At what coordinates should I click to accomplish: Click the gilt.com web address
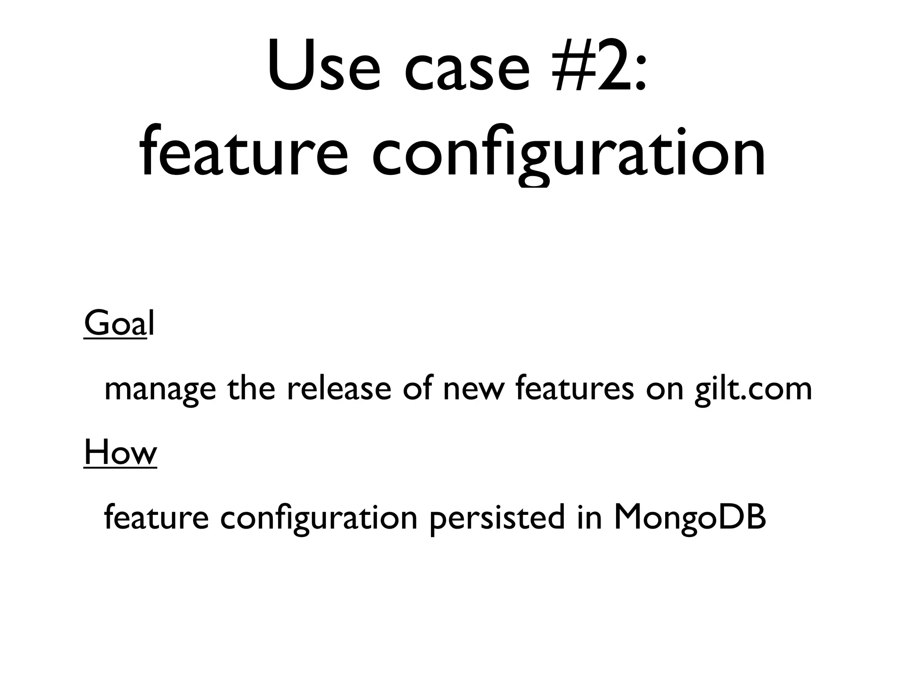tap(753, 390)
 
